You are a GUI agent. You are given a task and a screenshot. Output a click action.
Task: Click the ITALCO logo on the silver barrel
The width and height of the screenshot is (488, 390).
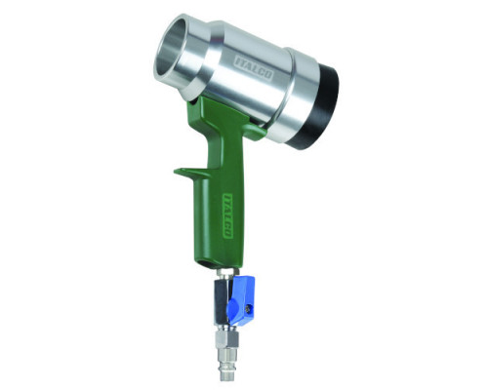coord(254,68)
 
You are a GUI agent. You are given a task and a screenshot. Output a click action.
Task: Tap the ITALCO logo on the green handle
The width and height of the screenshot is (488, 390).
coord(227,215)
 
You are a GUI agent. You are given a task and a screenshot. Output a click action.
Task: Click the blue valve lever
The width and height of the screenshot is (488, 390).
coord(241,299)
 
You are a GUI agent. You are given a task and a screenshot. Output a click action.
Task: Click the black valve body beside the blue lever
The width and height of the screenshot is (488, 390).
coord(221,300)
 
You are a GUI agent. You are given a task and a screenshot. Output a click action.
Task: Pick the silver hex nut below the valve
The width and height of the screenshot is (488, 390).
coord(226,338)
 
